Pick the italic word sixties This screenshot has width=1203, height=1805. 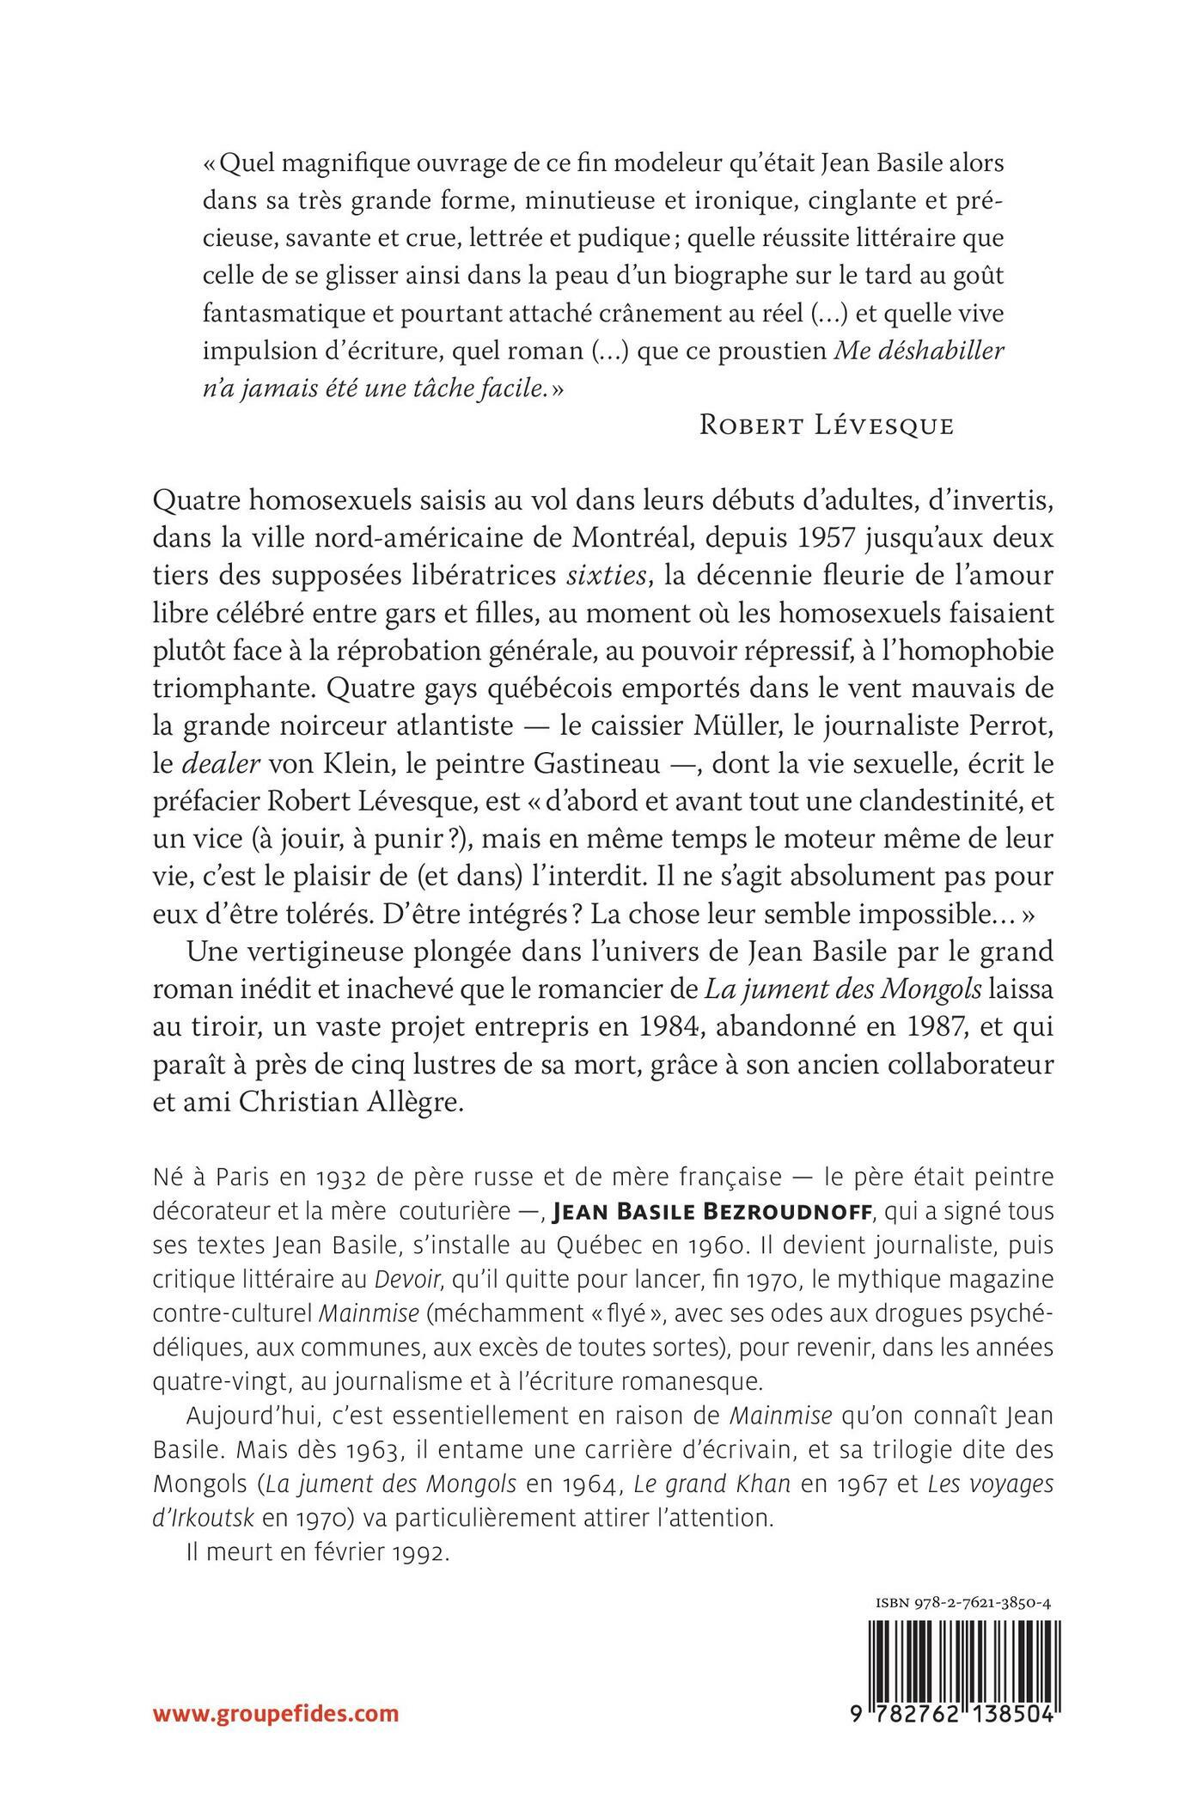pyautogui.click(x=606, y=577)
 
